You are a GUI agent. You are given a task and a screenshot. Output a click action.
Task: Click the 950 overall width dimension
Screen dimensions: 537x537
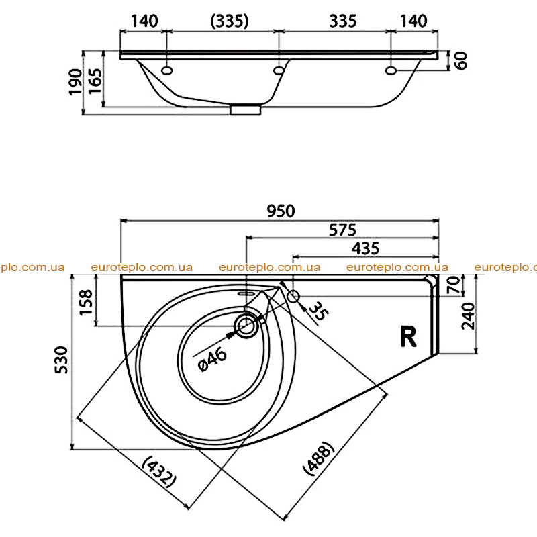(281, 211)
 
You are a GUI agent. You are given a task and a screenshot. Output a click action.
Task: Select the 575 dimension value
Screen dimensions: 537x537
(342, 230)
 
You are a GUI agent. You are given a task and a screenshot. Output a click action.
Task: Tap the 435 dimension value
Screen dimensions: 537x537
(365, 248)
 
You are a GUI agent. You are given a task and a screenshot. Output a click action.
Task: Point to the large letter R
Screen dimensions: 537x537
(408, 337)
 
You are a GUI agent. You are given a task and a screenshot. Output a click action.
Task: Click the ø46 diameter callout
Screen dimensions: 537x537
(212, 358)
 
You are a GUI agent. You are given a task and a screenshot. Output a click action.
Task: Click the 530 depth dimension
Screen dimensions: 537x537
(62, 360)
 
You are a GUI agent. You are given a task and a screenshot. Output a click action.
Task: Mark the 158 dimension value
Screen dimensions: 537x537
(86, 303)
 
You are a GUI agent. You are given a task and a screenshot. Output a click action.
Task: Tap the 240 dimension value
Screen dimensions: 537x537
(468, 315)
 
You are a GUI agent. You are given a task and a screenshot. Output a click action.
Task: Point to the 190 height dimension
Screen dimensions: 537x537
(75, 82)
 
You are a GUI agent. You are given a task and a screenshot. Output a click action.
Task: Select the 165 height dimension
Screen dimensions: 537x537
(95, 81)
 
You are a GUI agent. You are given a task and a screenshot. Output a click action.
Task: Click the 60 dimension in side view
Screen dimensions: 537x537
(461, 60)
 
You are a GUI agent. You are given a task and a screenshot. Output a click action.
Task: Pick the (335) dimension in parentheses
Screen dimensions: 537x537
(229, 21)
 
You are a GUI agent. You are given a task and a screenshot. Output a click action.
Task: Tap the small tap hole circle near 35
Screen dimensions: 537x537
(293, 297)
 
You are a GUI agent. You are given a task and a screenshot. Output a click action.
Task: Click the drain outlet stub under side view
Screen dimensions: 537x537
(245, 109)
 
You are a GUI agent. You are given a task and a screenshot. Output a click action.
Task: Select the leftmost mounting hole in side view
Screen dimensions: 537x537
(166, 70)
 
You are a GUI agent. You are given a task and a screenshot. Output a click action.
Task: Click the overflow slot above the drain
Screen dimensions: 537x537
(245, 293)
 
